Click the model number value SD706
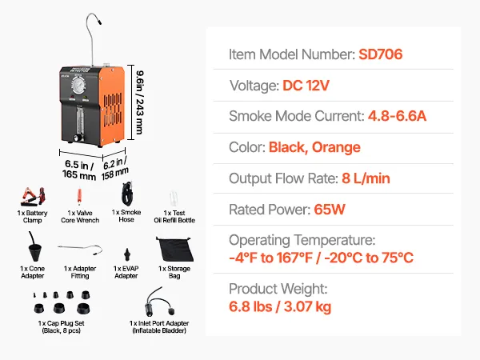(381, 55)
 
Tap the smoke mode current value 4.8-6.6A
(397, 116)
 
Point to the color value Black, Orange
(314, 147)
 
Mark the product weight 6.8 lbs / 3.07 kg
(280, 306)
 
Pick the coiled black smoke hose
(125, 194)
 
